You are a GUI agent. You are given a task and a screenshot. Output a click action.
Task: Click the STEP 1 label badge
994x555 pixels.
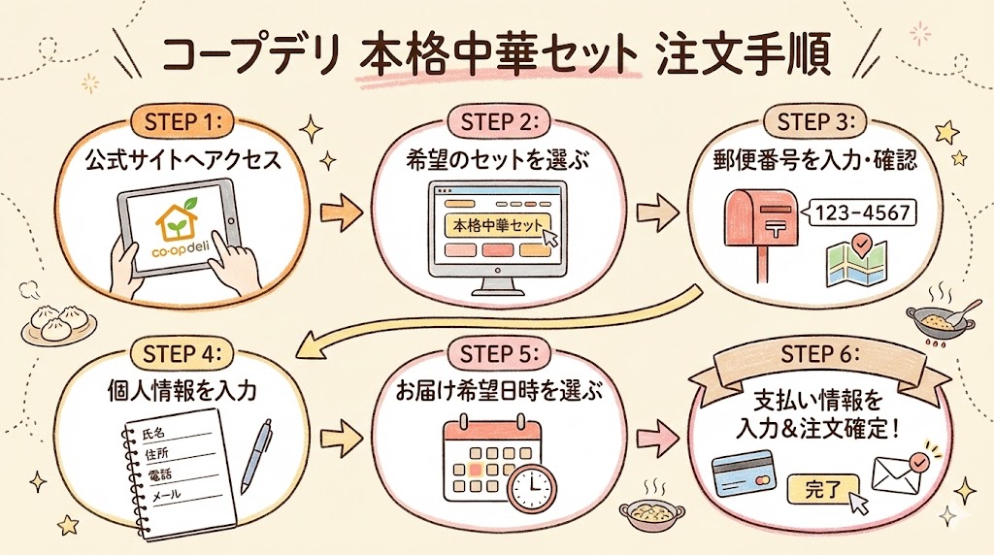point(183,123)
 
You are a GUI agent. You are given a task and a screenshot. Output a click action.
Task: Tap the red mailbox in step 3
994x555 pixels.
point(759,224)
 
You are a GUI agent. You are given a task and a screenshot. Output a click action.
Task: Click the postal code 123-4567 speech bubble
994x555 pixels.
point(858,213)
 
